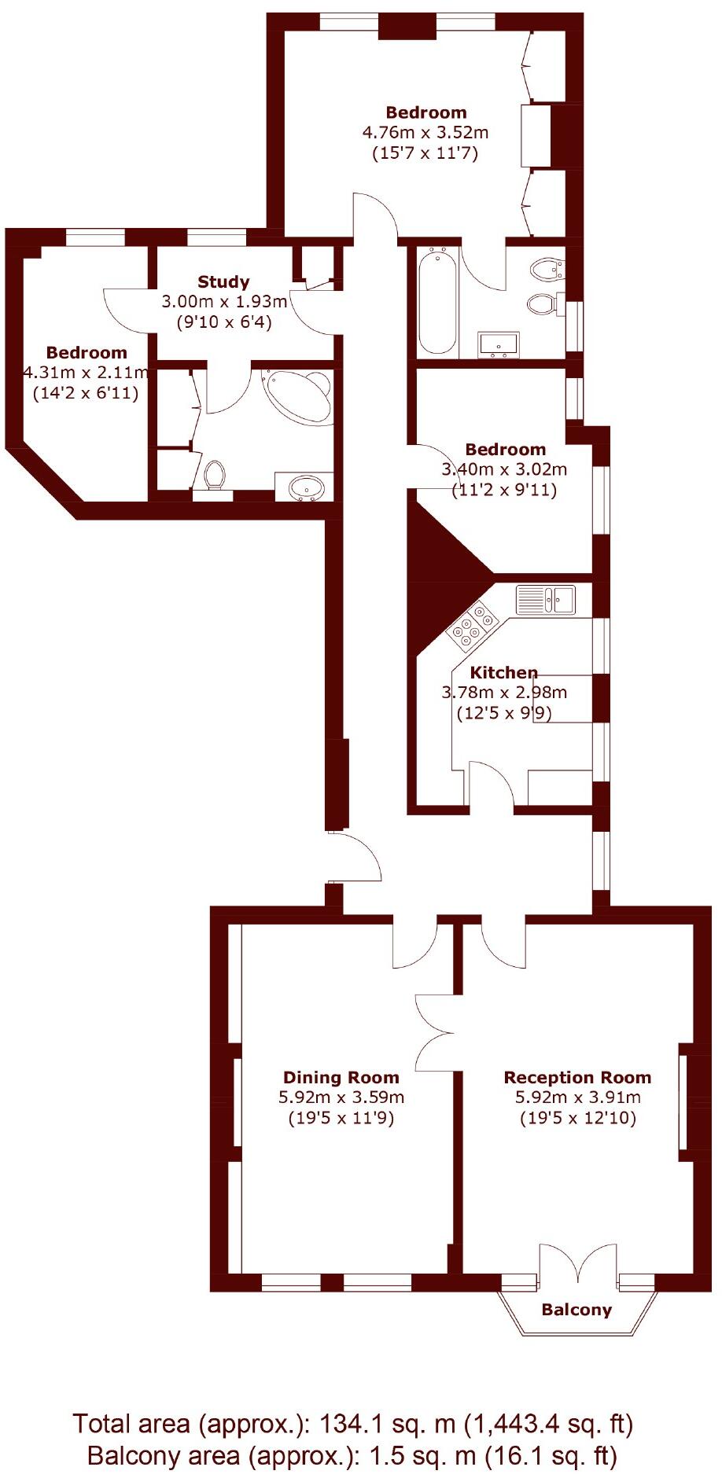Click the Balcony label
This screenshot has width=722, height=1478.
[576, 1309]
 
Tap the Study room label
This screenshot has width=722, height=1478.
[223, 281]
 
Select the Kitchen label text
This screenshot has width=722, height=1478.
[503, 672]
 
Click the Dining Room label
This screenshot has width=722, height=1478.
[341, 1077]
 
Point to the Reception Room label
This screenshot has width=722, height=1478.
[577, 1077]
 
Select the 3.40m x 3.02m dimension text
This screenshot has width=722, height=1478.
[504, 469]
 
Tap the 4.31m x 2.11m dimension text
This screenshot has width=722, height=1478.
[87, 372]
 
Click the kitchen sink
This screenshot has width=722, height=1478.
[546, 600]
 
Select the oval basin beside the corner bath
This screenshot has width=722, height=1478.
[306, 487]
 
